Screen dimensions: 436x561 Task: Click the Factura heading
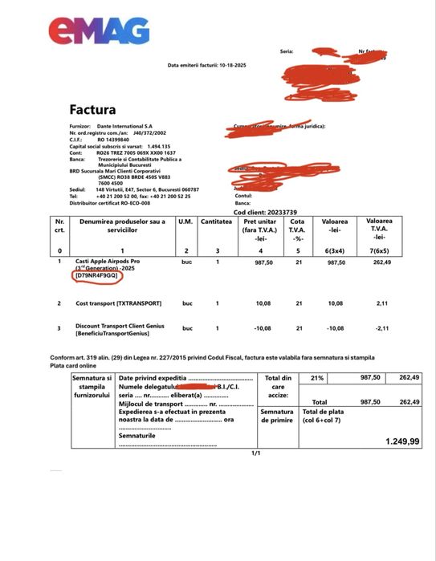(92, 109)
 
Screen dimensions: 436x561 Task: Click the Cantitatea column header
(217, 221)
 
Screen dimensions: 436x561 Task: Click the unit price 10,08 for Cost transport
(263, 304)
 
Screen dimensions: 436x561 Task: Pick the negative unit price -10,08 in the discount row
(263, 327)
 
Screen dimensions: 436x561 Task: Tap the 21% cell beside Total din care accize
(317, 378)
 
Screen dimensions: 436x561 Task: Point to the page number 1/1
(257, 453)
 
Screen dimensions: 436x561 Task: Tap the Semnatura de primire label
(277, 415)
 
